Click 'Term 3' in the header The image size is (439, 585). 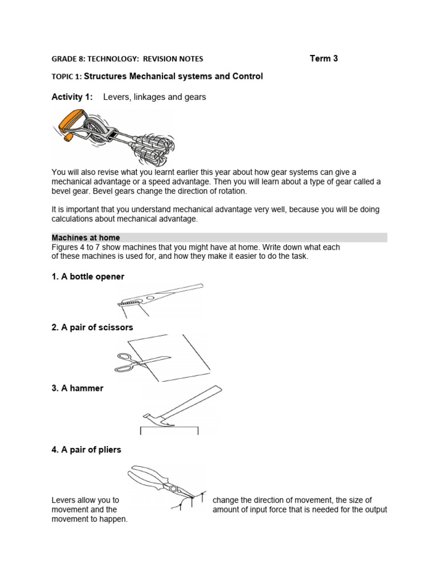324,58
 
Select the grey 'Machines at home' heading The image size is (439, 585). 86,238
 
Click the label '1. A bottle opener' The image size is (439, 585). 88,277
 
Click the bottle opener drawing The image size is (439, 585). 160,295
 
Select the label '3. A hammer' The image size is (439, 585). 78,388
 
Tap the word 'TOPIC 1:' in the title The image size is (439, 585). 67,77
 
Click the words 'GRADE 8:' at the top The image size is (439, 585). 68,58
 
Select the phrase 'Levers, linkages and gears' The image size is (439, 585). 154,97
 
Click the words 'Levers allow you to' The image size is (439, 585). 85,500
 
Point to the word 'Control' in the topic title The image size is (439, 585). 248,77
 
